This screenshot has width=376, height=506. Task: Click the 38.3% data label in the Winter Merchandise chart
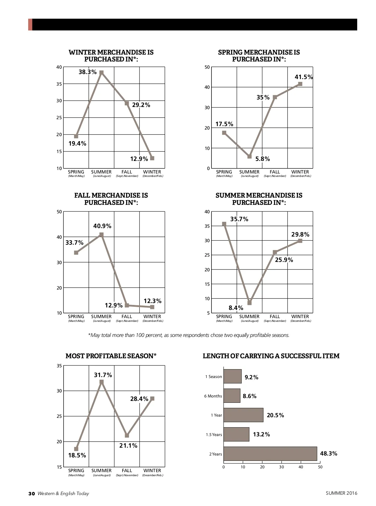(87, 72)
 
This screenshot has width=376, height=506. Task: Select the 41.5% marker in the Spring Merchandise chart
(300, 84)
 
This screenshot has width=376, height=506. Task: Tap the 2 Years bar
(270, 454)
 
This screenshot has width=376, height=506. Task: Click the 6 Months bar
(232, 396)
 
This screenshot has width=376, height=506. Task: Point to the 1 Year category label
(216, 415)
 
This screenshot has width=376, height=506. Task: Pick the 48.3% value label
(328, 454)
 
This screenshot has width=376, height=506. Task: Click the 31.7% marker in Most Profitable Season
(102, 382)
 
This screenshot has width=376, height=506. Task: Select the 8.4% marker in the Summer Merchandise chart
(249, 303)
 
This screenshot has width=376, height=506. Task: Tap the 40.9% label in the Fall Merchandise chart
(102, 226)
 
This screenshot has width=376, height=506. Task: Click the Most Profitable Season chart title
(111, 356)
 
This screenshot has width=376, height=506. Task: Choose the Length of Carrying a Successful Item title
(271, 356)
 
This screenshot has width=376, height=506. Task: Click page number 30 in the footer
(31, 493)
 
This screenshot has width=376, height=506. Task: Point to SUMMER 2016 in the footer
(341, 493)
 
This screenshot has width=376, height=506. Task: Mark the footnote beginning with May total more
(189, 335)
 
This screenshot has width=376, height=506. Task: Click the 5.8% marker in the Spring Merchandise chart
(249, 156)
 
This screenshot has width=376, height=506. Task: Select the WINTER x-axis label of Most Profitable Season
(152, 471)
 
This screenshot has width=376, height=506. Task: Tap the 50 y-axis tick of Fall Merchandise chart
(59, 212)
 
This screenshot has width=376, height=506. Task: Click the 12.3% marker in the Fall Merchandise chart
(152, 307)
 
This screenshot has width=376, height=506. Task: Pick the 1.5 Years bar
(236, 434)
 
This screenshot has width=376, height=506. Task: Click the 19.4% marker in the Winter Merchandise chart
(76, 136)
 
